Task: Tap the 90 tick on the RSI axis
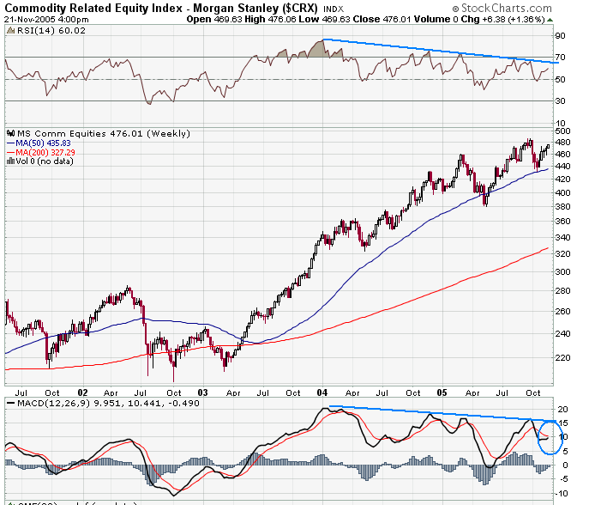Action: [x=561, y=36]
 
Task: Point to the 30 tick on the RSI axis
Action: [x=561, y=101]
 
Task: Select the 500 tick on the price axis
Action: [x=563, y=130]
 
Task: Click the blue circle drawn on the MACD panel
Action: [x=549, y=437]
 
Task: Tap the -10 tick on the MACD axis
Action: [x=563, y=493]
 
